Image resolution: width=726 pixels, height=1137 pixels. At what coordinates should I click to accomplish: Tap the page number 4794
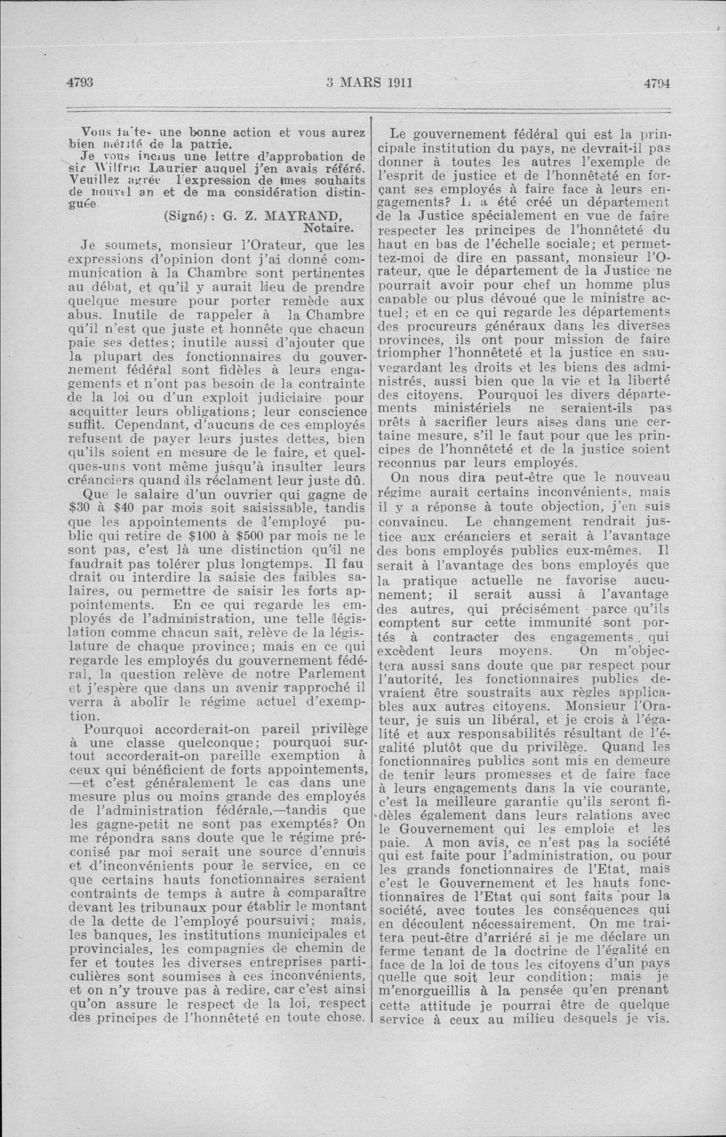[x=657, y=83]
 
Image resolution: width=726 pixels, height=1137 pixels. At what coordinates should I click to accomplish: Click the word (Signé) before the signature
[x=186, y=217]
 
